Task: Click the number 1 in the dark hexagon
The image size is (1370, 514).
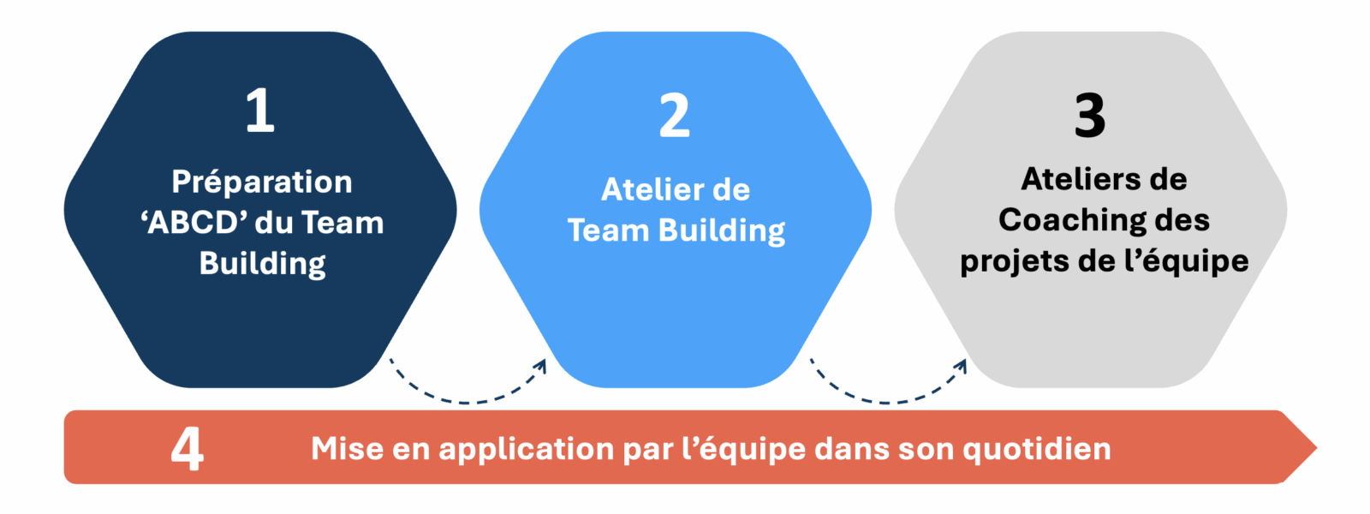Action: tap(260, 111)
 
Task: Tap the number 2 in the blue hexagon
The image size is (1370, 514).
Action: tap(675, 116)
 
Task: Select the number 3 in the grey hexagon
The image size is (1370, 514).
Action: tap(1090, 116)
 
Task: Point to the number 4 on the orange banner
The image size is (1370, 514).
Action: tap(188, 448)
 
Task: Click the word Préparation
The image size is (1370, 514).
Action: tap(261, 182)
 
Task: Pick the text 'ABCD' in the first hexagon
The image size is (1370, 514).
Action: tap(194, 223)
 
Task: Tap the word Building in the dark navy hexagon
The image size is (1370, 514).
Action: tap(262, 264)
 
